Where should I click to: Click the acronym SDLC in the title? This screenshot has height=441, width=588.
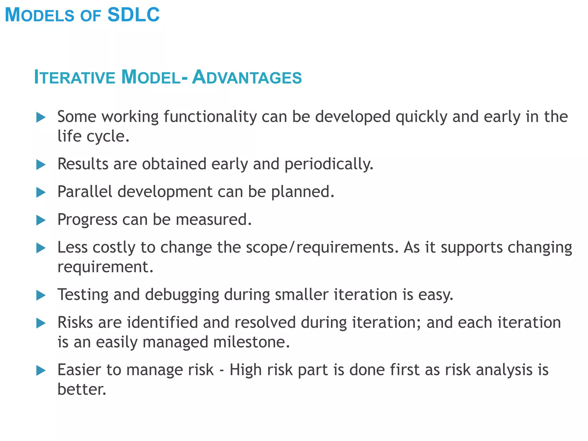134,15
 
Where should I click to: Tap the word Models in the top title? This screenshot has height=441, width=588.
40,15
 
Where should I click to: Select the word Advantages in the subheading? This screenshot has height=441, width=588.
247,77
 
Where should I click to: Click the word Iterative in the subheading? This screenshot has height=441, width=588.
74,77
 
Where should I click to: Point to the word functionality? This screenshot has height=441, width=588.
210,117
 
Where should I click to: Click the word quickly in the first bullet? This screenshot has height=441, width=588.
421,117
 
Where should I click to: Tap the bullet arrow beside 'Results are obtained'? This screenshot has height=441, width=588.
41,165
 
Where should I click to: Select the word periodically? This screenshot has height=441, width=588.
329,164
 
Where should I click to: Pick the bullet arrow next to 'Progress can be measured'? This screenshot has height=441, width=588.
41,220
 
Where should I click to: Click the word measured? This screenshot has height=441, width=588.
214,220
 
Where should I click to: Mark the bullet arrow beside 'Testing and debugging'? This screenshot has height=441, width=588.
41,295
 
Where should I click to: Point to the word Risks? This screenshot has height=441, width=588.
75,322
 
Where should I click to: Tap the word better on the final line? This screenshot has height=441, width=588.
82,390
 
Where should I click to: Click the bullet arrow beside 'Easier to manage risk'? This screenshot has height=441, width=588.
41,370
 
